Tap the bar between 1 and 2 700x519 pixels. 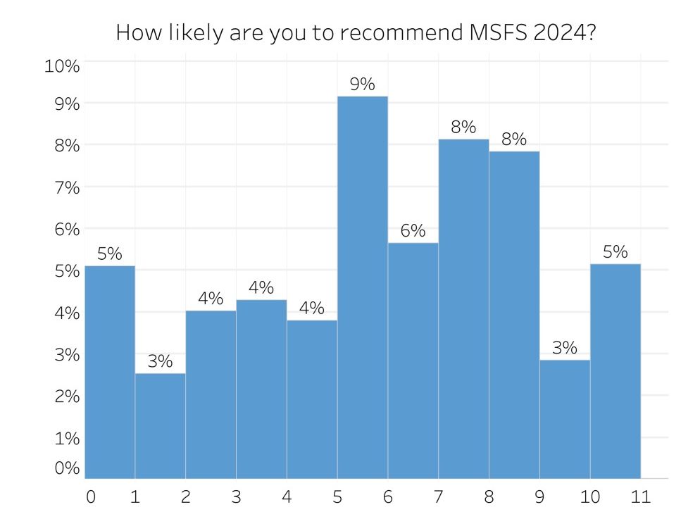pyautogui.click(x=160, y=426)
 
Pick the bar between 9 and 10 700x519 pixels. pyautogui.click(x=564, y=419)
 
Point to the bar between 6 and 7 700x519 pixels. pyautogui.click(x=413, y=361)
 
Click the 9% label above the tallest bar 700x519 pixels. pyautogui.click(x=362, y=85)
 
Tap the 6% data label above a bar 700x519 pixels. pyautogui.click(x=413, y=231)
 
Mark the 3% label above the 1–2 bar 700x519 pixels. pyautogui.click(x=160, y=362)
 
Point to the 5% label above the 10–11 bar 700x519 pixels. pyautogui.click(x=615, y=252)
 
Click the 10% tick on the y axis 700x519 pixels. pyautogui.click(x=62, y=67)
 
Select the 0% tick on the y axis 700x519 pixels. pyautogui.click(x=68, y=469)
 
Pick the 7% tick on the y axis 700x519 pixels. pyautogui.click(x=68, y=187)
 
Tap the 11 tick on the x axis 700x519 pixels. pyautogui.click(x=639, y=496)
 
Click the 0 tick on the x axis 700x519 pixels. pyautogui.click(x=90, y=496)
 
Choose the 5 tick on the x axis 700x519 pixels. pyautogui.click(x=337, y=496)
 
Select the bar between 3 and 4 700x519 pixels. pyautogui.click(x=261, y=389)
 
